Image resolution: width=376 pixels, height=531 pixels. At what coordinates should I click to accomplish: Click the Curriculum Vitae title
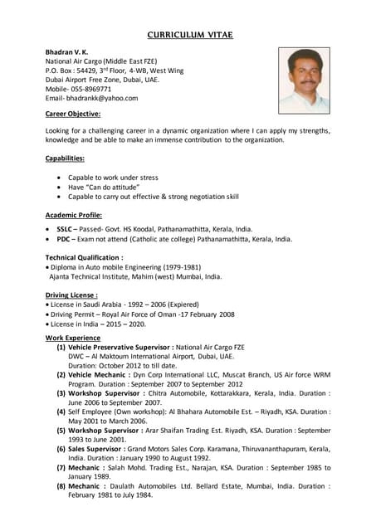(190, 35)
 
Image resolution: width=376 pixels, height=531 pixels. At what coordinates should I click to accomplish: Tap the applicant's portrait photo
(304, 80)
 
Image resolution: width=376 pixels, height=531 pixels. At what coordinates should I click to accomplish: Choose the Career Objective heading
(73, 114)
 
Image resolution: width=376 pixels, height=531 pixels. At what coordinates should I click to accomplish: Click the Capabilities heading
(65, 158)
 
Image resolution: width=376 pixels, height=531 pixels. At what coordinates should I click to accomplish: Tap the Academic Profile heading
(74, 214)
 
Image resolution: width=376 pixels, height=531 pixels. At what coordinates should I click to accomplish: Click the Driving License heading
(71, 295)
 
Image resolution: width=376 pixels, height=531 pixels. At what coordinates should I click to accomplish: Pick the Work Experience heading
(71, 337)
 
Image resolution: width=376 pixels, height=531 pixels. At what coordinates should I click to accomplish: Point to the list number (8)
(61, 485)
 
